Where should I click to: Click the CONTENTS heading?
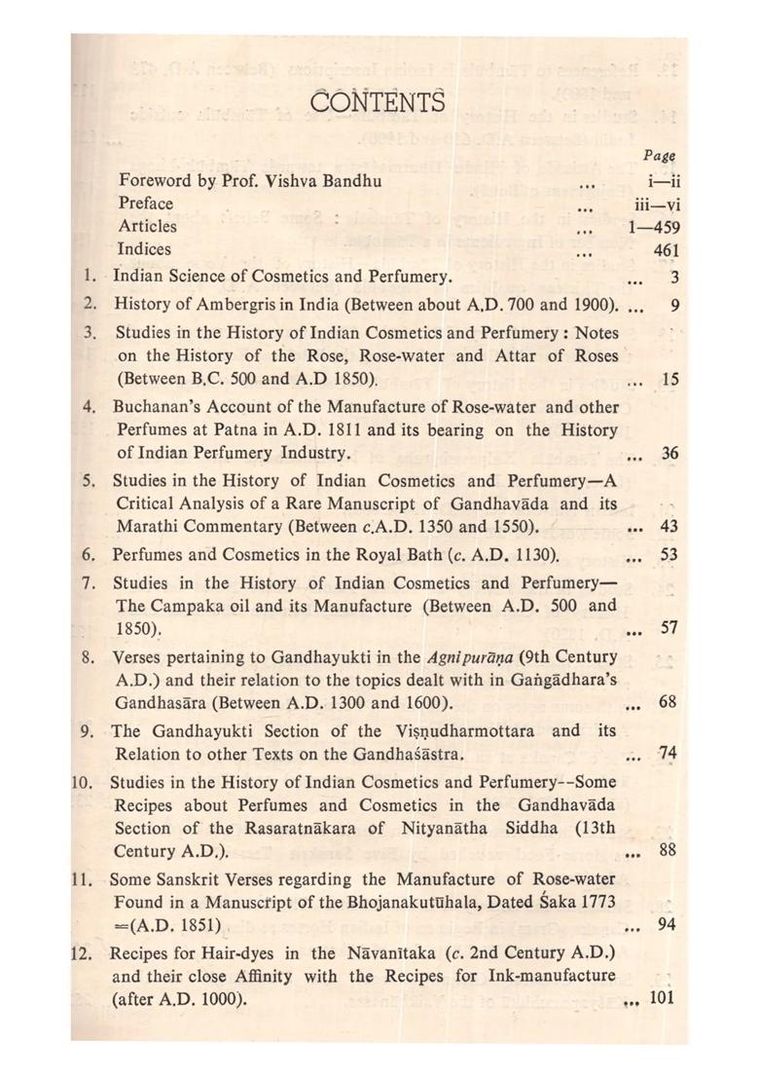379,100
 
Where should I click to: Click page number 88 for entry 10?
668,850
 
